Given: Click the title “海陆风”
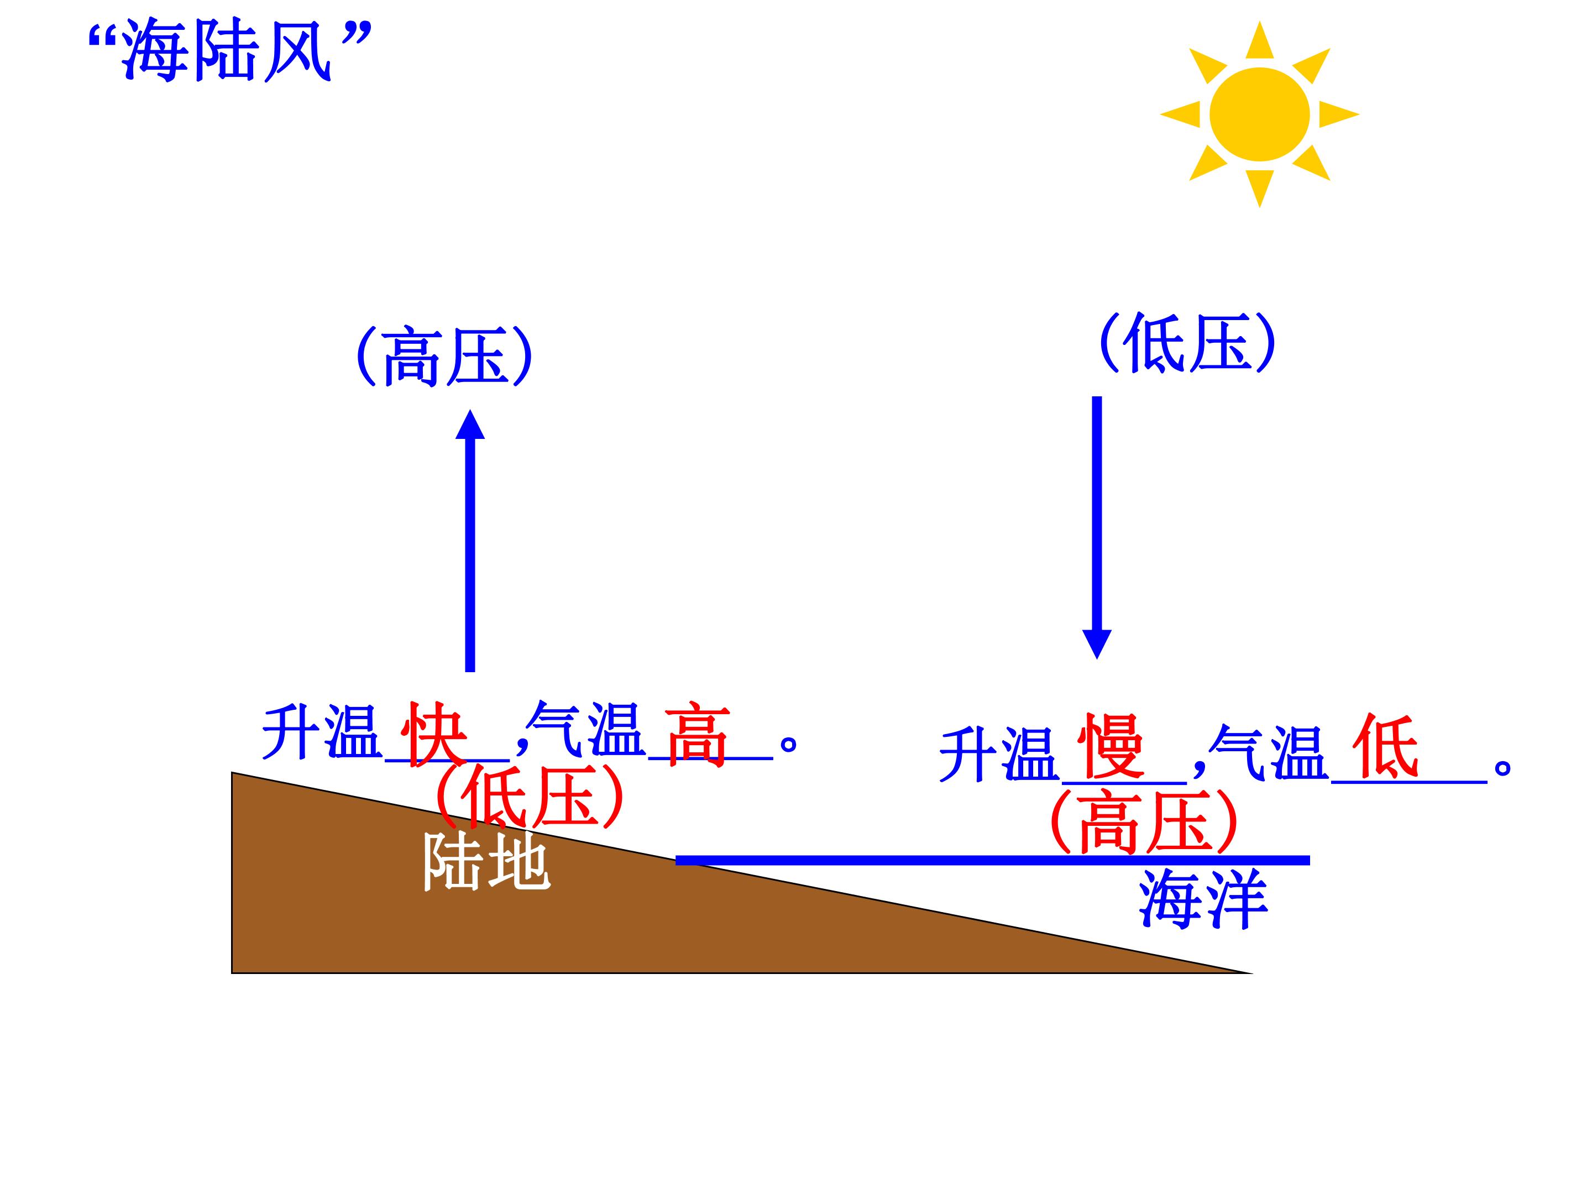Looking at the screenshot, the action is coord(229,52).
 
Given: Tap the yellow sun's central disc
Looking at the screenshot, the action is coord(1259,114).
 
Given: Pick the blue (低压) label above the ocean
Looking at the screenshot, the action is coord(1187,343).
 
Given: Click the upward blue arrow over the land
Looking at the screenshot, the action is coord(470,541).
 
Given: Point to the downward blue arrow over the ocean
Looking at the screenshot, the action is coord(1097,527).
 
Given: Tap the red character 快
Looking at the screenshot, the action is coord(434,734).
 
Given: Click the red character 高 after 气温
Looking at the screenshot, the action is coord(696,734).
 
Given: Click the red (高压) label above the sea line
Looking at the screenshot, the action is coord(1144,821).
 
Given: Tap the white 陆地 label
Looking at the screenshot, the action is coord(486,862).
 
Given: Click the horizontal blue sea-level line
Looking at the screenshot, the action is coord(992,860).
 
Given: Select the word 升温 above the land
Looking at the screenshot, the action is coord(321,732).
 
